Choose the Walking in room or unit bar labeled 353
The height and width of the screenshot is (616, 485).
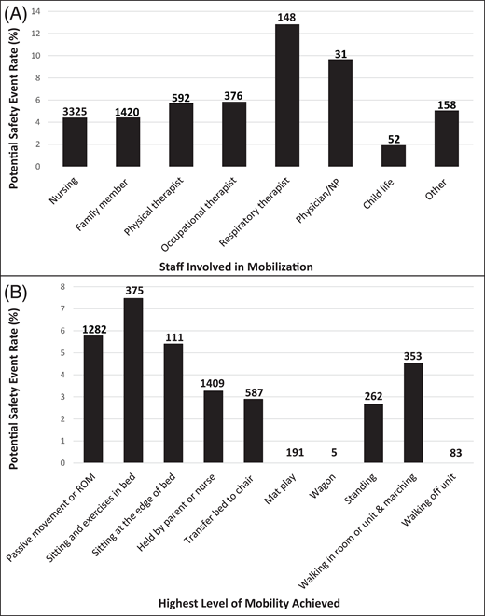(x=418, y=412)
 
